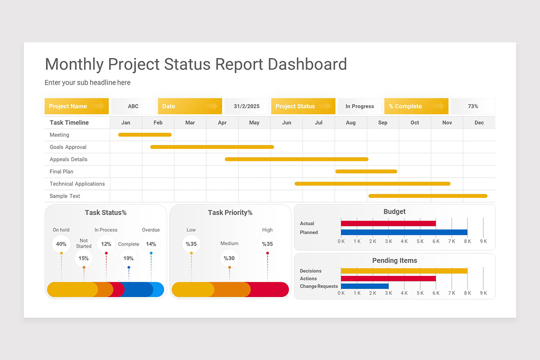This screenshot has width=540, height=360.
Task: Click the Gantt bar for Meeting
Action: (x=144, y=135)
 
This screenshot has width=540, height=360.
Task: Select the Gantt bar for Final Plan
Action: (x=366, y=171)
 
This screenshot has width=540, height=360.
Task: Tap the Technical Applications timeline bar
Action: (x=372, y=184)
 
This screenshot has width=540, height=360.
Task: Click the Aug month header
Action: (x=351, y=122)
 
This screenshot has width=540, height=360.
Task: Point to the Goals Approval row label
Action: (x=68, y=147)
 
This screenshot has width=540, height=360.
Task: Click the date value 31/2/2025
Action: (x=247, y=106)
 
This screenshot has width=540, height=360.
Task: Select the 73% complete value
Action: (x=472, y=106)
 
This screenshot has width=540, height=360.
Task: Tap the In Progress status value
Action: (x=360, y=106)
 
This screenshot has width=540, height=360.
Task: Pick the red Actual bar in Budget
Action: (x=388, y=223)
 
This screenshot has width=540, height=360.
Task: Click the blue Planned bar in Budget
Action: (x=404, y=232)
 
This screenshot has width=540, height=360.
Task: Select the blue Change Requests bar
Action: (x=364, y=286)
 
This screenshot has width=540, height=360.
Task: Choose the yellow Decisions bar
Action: (x=404, y=271)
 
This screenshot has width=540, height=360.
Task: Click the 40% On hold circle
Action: (x=61, y=244)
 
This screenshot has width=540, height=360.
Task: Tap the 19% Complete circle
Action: (x=129, y=258)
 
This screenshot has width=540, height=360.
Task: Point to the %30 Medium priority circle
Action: (x=229, y=258)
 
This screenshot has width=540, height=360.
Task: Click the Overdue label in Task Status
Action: (x=151, y=230)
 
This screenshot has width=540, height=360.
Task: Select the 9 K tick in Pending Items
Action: (x=483, y=293)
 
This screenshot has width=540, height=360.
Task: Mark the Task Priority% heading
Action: (x=230, y=212)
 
